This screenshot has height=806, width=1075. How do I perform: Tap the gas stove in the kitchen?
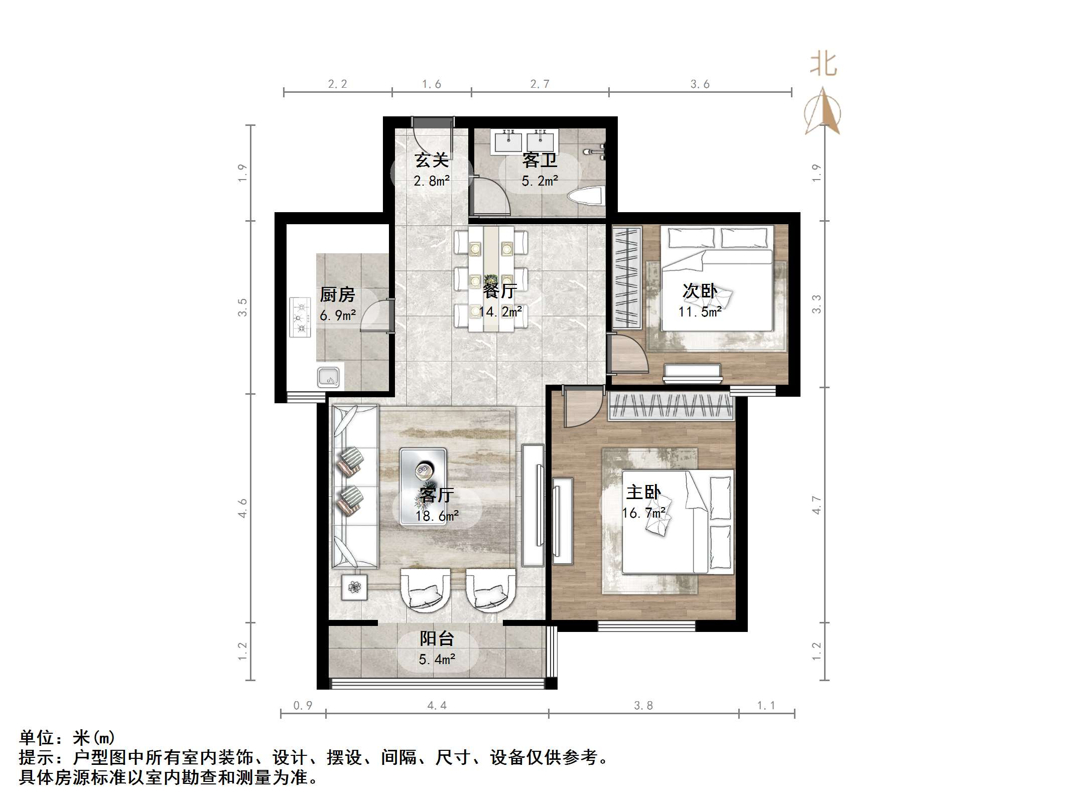(300, 317)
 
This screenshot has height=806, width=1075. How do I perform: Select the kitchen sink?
(328, 377)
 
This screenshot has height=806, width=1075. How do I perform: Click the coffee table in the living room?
(423, 486)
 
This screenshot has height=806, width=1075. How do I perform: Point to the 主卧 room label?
(643, 492)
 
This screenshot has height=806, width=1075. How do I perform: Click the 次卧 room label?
(700, 291)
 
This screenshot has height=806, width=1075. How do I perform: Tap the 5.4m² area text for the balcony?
(437, 659)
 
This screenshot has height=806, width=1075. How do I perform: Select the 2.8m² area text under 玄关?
(432, 181)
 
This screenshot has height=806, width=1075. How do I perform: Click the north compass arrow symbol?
(823, 111)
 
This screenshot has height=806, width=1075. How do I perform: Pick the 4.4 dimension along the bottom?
(437, 706)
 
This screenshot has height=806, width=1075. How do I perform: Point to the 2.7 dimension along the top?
(540, 84)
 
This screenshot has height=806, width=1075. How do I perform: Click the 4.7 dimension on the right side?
(817, 505)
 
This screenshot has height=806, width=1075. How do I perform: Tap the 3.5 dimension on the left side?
(242, 307)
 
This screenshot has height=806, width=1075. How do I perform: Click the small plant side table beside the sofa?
(354, 587)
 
